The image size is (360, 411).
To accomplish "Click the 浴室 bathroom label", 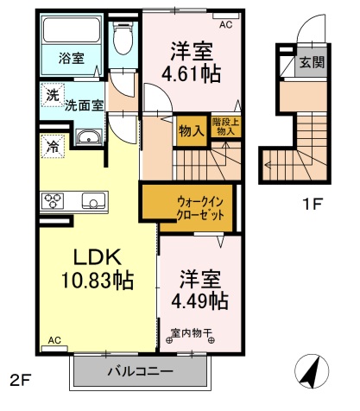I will coord(71,59).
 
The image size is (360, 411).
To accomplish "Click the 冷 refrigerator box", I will coord(53,146).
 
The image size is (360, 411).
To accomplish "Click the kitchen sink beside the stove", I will coord(91,202).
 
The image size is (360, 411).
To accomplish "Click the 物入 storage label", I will coord(191,131).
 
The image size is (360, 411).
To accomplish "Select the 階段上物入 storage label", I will coord(227,128).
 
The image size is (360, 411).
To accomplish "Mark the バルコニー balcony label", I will coord(140,372).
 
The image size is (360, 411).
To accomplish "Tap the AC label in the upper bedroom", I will coord(225,25).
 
